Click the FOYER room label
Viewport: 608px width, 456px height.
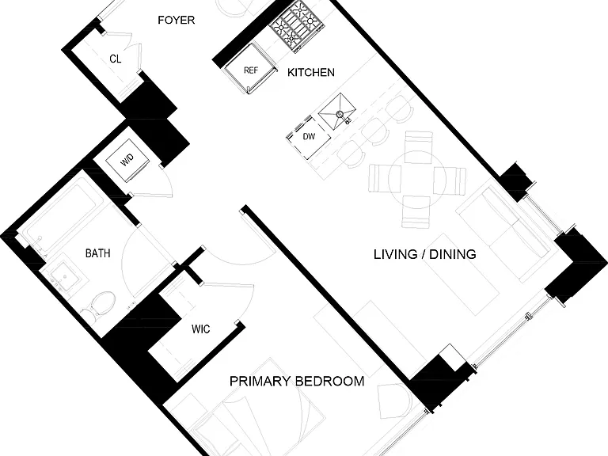(x=176, y=20)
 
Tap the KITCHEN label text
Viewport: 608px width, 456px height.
(x=311, y=73)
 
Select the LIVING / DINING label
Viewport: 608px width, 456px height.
(x=425, y=254)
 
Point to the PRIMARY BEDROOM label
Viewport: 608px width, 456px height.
(x=297, y=381)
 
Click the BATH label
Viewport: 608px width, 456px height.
(x=97, y=253)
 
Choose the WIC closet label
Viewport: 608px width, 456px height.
(x=201, y=329)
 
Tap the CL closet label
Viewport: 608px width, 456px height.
(x=115, y=59)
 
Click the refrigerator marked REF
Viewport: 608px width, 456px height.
(x=251, y=69)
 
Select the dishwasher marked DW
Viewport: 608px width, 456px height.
(x=308, y=136)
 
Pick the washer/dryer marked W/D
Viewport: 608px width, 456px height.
(x=127, y=160)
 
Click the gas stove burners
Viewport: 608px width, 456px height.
(x=298, y=25)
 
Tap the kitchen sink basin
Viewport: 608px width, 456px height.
(x=337, y=112)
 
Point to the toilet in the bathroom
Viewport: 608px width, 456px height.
(x=99, y=305)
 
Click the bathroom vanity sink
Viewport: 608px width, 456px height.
(x=64, y=277)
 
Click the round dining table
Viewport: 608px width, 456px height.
(x=417, y=180)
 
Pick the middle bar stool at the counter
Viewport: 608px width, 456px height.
(x=374, y=131)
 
